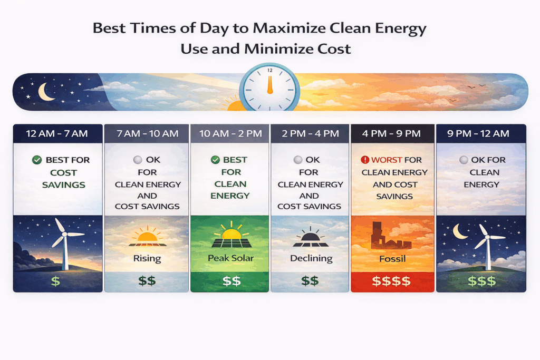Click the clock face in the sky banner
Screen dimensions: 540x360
(x=269, y=88)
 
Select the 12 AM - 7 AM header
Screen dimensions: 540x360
(x=57, y=133)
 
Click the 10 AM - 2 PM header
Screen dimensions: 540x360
(x=230, y=133)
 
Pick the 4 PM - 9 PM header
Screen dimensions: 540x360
(x=392, y=133)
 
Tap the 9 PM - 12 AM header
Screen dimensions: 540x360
(x=478, y=133)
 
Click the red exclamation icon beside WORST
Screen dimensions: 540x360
(x=365, y=160)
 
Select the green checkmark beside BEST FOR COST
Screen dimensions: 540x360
(x=37, y=160)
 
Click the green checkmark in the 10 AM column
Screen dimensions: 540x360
(x=215, y=160)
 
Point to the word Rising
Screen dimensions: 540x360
(x=147, y=258)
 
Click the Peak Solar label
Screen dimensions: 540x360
(x=231, y=258)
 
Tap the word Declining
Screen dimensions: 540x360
(x=311, y=258)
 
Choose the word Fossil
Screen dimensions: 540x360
(x=392, y=259)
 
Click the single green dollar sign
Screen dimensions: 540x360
(x=55, y=281)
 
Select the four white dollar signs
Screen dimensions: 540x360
(x=391, y=281)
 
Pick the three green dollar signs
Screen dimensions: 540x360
(x=482, y=281)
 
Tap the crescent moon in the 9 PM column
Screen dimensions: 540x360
(x=459, y=231)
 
